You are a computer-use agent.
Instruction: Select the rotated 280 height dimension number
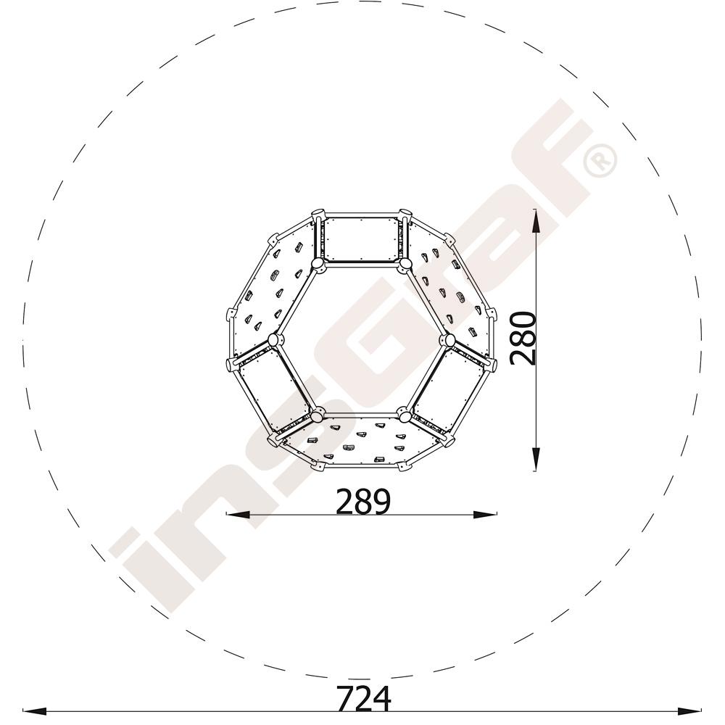523,339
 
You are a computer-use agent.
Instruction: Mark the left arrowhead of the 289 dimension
238,513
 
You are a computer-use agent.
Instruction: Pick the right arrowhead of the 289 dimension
486,513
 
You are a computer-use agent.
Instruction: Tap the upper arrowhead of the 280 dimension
535,220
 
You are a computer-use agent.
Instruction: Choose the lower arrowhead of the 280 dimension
535,459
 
